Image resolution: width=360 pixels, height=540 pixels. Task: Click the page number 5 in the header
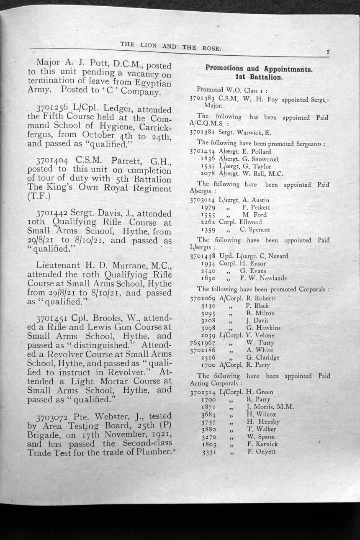coord(328,52)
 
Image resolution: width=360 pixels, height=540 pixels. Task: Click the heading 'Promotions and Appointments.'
coord(259,69)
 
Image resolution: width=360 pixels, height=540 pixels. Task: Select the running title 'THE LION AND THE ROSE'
coord(170,46)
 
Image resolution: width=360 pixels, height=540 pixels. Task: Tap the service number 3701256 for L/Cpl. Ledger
coord(53,108)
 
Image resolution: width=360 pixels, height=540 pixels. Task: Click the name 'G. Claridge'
coord(262,357)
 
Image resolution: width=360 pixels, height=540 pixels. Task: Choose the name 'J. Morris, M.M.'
coord(270,406)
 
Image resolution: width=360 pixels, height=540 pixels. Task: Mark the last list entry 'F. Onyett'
coord(262,451)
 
